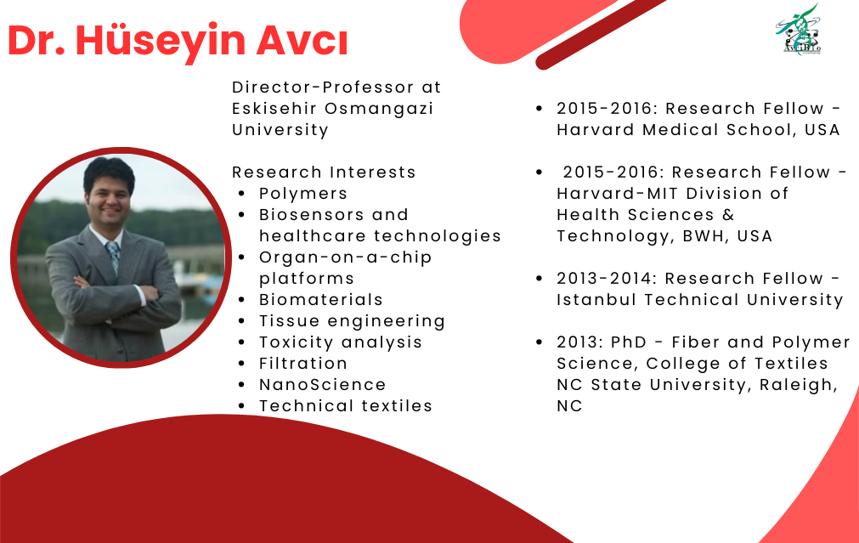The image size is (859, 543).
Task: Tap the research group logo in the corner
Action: click(798, 30)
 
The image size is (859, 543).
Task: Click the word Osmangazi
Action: click(379, 109)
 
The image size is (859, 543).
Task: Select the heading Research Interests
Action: click(324, 172)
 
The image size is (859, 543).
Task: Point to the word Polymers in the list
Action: click(303, 194)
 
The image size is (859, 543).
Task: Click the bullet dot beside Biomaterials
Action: click(241, 300)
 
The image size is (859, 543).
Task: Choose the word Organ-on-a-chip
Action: click(345, 257)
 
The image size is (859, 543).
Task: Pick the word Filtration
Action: click(303, 364)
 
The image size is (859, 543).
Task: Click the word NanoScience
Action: click(322, 385)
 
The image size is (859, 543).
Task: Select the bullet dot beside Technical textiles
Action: click(241, 406)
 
